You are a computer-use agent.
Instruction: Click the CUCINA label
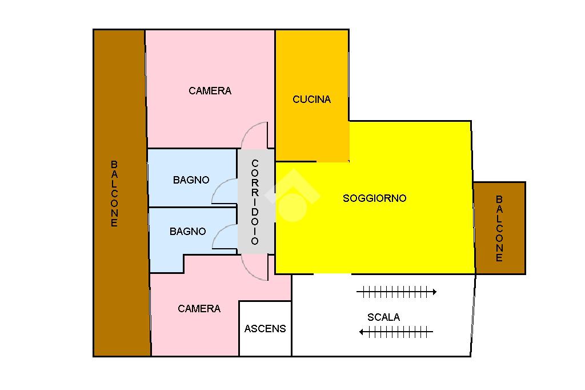pyautogui.click(x=311, y=100)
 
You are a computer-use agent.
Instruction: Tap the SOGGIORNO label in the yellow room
pyautogui.click(x=374, y=198)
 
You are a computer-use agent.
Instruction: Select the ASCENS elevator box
pyautogui.click(x=265, y=329)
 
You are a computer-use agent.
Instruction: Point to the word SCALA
pyautogui.click(x=383, y=317)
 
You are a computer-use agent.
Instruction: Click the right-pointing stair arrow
pyautogui.click(x=396, y=292)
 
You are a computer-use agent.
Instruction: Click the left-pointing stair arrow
pyautogui.click(x=396, y=332)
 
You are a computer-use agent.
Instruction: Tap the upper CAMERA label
pyautogui.click(x=210, y=91)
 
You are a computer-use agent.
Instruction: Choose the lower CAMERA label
pyautogui.click(x=199, y=309)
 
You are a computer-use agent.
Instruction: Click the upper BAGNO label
pyautogui.click(x=191, y=180)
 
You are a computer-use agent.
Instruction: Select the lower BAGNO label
pyautogui.click(x=187, y=232)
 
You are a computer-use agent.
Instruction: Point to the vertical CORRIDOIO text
pyautogui.click(x=255, y=202)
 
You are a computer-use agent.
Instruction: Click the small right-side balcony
pyautogui.click(x=499, y=228)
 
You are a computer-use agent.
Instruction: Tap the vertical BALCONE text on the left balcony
pyautogui.click(x=114, y=194)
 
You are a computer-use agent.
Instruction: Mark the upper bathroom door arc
pyautogui.click(x=224, y=190)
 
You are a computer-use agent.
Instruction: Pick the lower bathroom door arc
pyautogui.click(x=225, y=237)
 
